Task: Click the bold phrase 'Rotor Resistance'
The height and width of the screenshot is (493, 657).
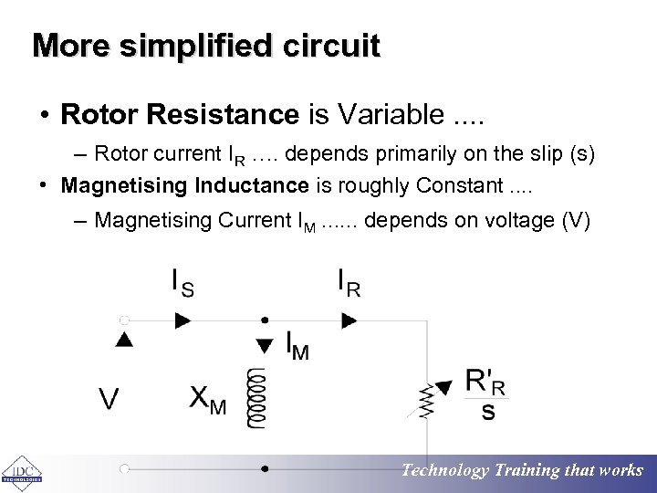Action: pos(180,114)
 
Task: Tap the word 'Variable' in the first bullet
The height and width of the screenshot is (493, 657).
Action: pos(391,114)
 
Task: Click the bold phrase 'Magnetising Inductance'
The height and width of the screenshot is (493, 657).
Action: pos(185,186)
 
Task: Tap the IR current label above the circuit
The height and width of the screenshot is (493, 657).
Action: pos(349,283)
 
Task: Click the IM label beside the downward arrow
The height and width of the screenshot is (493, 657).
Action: pos(297,345)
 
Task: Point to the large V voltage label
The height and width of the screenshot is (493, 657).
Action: pos(109,399)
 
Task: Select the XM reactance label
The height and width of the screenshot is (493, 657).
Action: pos(207,399)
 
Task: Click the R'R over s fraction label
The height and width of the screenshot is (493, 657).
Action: pos(485,394)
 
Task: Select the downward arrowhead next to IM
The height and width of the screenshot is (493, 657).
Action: pos(265,345)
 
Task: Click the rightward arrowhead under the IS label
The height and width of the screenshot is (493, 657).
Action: pos(183,320)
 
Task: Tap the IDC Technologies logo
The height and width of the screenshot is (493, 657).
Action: pos(20,473)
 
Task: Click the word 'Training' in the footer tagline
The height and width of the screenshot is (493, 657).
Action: pos(527,471)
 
